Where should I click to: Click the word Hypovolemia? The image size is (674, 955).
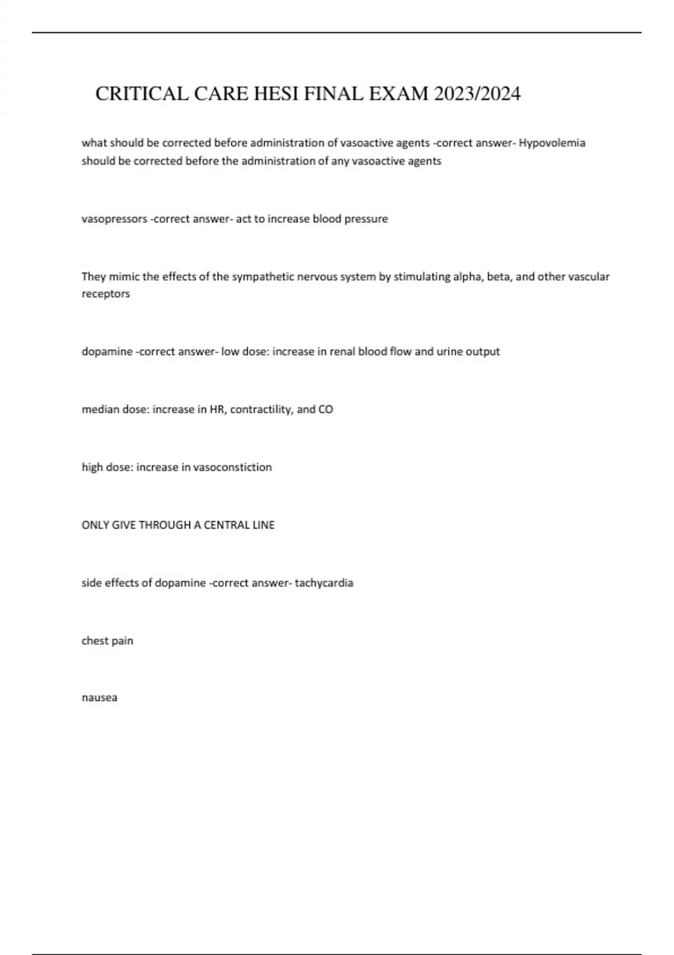tap(552, 143)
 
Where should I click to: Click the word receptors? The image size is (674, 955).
tap(106, 294)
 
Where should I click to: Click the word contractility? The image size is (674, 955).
tap(261, 410)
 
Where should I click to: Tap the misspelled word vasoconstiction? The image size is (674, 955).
tap(233, 467)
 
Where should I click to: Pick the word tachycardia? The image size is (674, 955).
tap(324, 583)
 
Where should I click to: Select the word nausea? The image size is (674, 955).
tap(99, 698)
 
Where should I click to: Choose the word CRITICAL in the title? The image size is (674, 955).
tap(142, 93)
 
